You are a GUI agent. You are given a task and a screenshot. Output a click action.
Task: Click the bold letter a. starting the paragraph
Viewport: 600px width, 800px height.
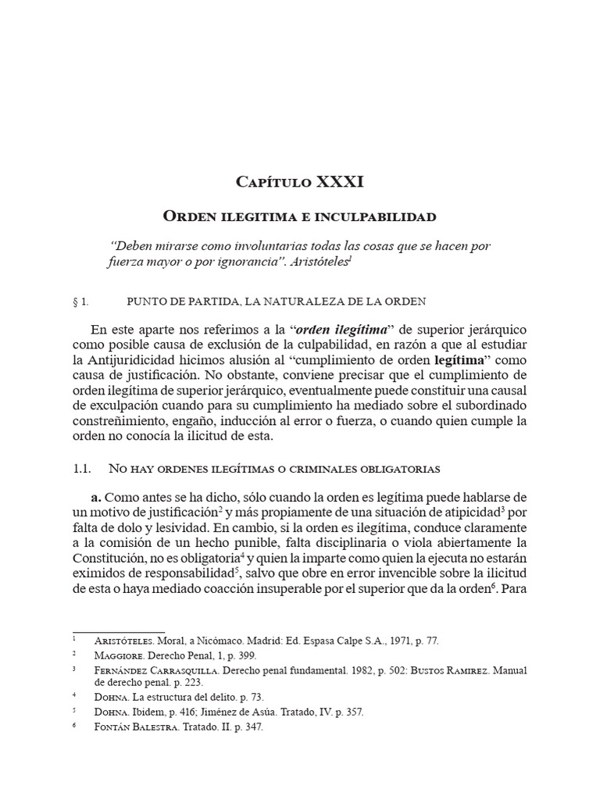pyautogui.click(x=96, y=498)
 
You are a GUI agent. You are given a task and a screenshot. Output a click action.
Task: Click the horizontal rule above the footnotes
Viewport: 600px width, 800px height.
pyautogui.click(x=119, y=630)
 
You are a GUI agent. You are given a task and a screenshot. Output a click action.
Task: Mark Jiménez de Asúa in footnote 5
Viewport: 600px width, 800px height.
pyautogui.click(x=237, y=712)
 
